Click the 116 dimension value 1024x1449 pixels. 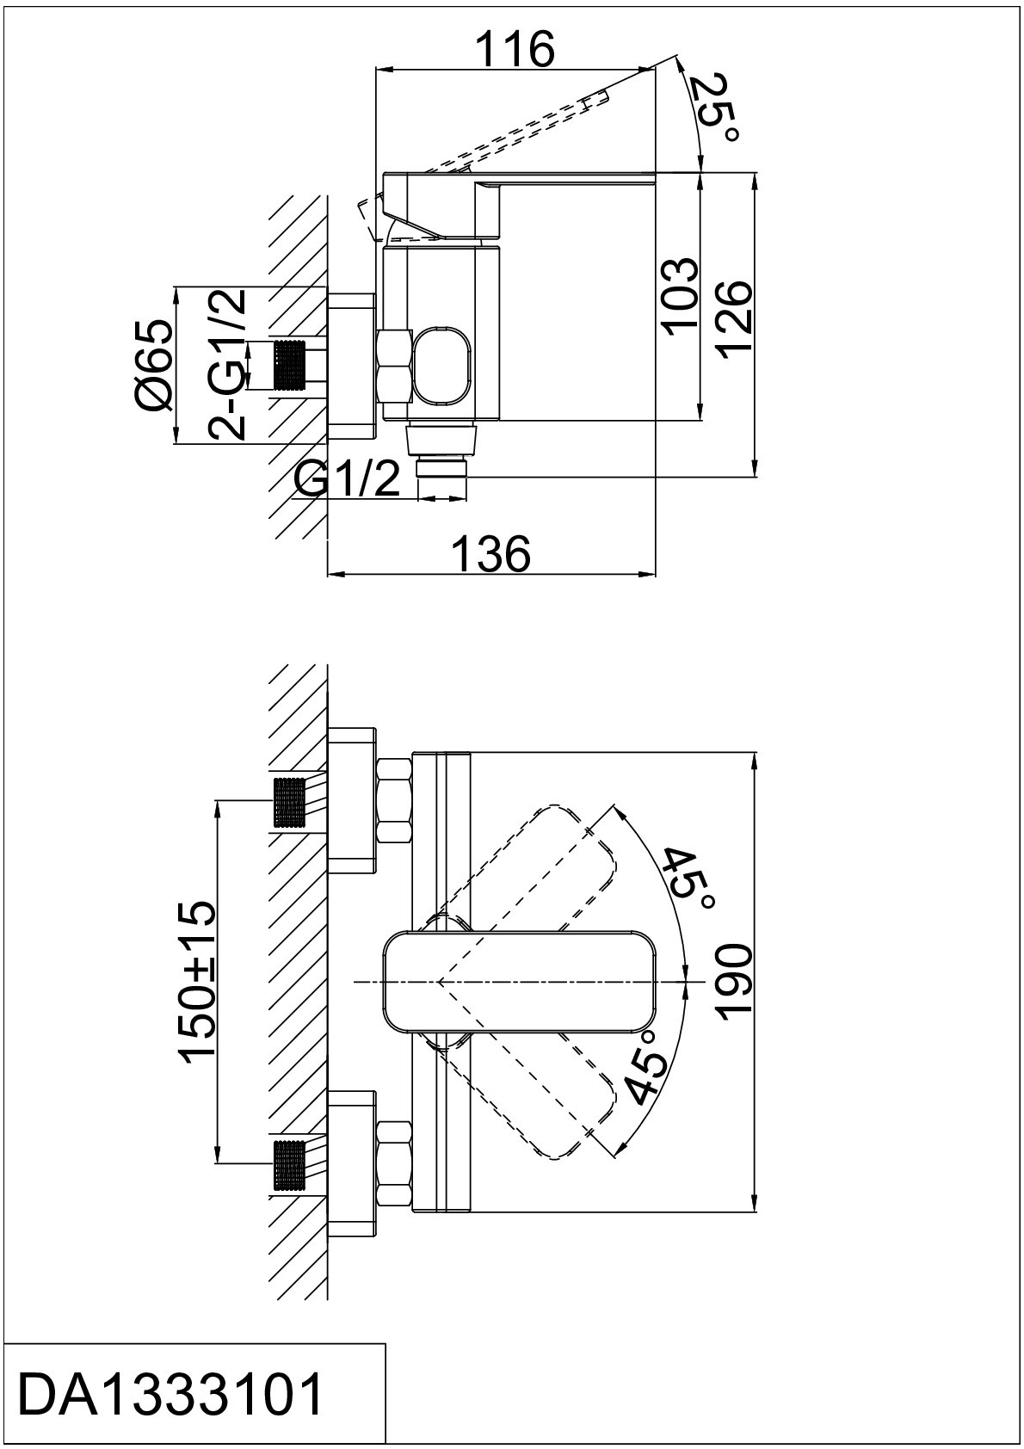515,48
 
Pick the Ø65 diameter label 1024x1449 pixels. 155,366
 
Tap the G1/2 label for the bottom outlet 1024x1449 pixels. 348,481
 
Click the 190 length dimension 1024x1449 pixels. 736,983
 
